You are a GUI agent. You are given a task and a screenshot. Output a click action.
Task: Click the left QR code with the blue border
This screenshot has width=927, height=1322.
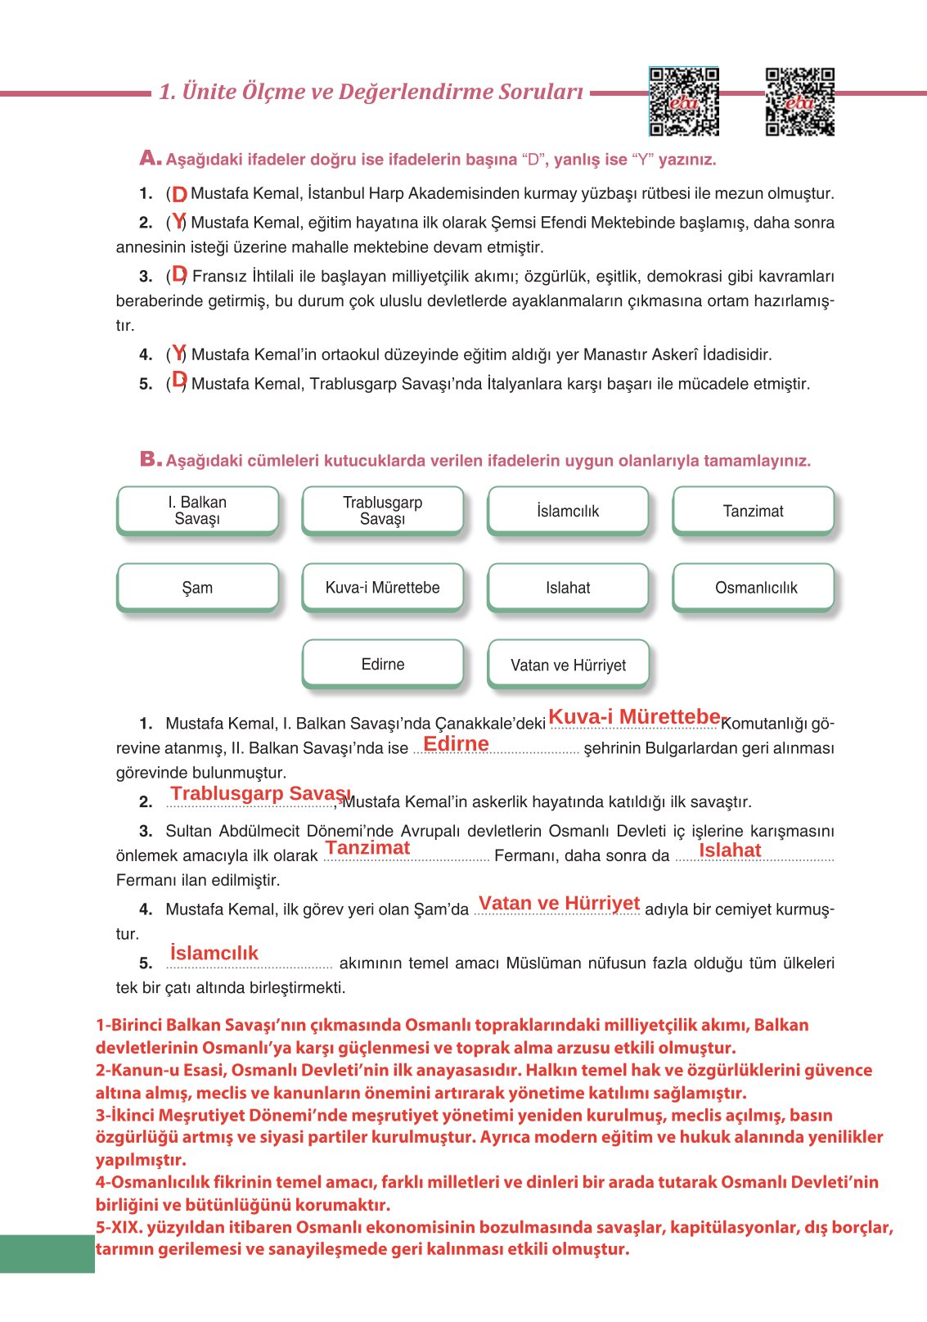click(x=684, y=102)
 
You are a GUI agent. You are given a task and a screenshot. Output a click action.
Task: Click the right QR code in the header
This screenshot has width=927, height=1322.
click(x=799, y=102)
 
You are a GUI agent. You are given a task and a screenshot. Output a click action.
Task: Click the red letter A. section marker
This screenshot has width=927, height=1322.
click(x=150, y=158)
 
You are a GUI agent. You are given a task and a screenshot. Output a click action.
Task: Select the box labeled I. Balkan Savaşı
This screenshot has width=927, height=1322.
click(x=197, y=511)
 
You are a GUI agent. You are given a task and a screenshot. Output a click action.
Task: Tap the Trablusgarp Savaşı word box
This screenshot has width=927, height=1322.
click(x=382, y=511)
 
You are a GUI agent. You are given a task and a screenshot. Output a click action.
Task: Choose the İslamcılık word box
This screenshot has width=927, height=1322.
click(x=568, y=511)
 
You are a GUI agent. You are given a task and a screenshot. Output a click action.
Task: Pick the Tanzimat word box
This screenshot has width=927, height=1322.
click(x=753, y=511)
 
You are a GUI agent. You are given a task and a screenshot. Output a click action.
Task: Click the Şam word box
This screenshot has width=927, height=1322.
click(x=197, y=587)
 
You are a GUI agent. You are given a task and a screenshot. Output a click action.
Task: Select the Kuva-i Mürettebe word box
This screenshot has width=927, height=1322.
click(x=382, y=587)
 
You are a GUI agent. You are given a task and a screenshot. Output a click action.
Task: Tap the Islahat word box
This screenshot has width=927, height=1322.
click(x=568, y=587)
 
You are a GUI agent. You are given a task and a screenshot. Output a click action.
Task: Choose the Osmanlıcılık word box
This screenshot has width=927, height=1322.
click(x=753, y=587)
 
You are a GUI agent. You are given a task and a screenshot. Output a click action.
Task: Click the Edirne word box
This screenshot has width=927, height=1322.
click(x=382, y=664)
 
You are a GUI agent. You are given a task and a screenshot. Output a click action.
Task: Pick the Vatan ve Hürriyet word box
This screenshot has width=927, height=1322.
click(x=568, y=664)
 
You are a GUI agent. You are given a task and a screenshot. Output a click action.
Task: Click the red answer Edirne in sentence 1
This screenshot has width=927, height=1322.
click(x=456, y=743)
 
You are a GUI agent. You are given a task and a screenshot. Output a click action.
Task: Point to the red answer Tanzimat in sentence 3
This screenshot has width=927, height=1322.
click(x=367, y=847)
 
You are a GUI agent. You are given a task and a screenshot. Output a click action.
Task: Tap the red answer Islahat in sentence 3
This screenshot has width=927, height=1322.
click(x=730, y=850)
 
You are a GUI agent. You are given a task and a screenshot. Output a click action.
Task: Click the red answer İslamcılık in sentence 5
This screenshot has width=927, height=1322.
click(x=214, y=952)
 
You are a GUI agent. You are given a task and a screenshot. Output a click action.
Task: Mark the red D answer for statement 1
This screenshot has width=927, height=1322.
click(x=179, y=195)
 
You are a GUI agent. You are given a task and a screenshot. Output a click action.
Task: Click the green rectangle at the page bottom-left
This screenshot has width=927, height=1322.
click(x=47, y=1253)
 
